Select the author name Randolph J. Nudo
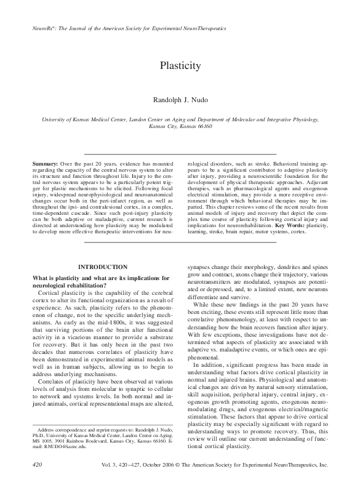pyautogui.click(x=180, y=100)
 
